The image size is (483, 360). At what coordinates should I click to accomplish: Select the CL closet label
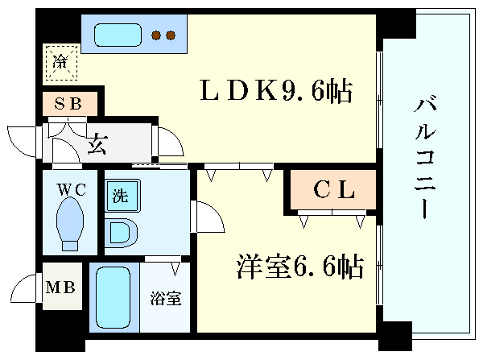(x=333, y=191)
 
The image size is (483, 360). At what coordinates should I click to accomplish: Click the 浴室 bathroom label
(x=165, y=298)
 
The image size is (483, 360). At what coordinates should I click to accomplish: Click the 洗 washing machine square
(x=121, y=194)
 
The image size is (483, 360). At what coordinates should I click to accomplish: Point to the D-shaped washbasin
(x=122, y=233)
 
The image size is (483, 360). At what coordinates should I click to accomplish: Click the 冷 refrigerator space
(x=61, y=62)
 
